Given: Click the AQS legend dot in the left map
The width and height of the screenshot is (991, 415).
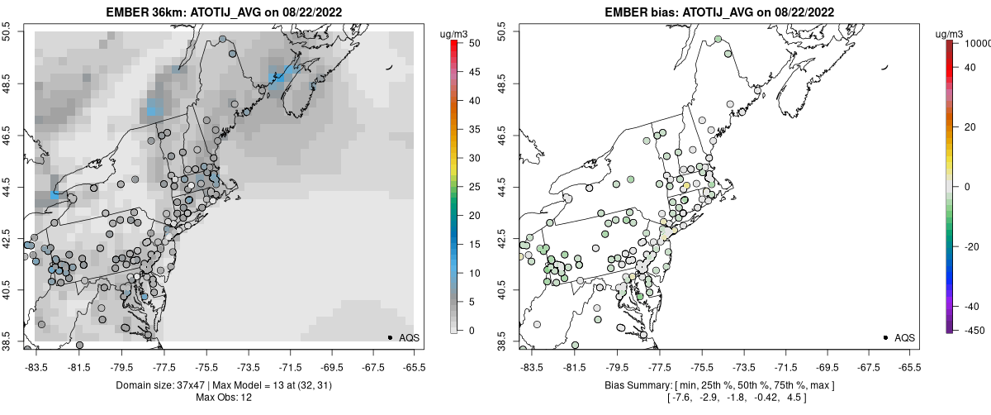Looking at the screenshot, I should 390,337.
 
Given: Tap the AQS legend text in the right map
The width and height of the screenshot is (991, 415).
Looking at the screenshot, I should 905,337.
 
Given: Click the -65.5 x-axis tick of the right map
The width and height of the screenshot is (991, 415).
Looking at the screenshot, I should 909,365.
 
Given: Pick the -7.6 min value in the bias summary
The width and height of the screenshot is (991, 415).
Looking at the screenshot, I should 680,398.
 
